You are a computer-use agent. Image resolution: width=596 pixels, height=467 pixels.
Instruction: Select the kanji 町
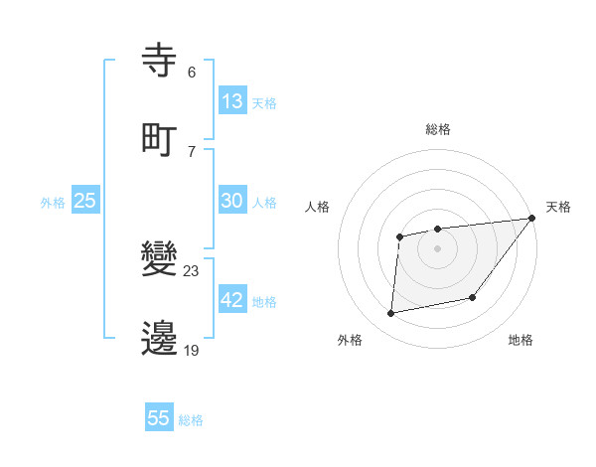tap(160, 139)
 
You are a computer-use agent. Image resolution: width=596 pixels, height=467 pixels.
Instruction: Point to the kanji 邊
tap(160, 338)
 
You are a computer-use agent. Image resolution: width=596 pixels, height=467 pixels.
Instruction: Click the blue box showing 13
tap(232, 101)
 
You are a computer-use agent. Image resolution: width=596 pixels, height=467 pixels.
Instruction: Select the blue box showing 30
tap(232, 201)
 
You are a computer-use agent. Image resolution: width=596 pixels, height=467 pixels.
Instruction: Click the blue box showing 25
tap(84, 201)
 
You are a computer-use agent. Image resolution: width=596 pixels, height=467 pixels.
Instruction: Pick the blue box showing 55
tap(159, 418)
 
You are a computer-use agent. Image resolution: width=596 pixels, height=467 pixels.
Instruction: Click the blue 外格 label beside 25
tap(53, 202)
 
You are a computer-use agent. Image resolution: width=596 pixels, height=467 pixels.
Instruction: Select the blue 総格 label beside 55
tap(191, 419)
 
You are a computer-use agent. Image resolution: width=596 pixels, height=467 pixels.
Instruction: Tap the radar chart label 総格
tap(437, 129)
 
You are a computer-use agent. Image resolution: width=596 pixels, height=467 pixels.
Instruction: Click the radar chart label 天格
tap(558, 207)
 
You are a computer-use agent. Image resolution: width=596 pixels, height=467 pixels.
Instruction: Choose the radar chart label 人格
tap(319, 207)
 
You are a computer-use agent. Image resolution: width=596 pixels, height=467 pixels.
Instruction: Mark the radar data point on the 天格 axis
tap(531, 218)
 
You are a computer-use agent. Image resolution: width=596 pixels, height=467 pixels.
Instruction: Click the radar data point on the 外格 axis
tap(391, 314)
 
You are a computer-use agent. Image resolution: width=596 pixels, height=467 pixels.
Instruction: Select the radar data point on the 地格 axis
tap(473, 297)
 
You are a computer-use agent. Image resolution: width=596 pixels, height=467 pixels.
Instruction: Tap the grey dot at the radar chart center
tap(437, 247)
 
